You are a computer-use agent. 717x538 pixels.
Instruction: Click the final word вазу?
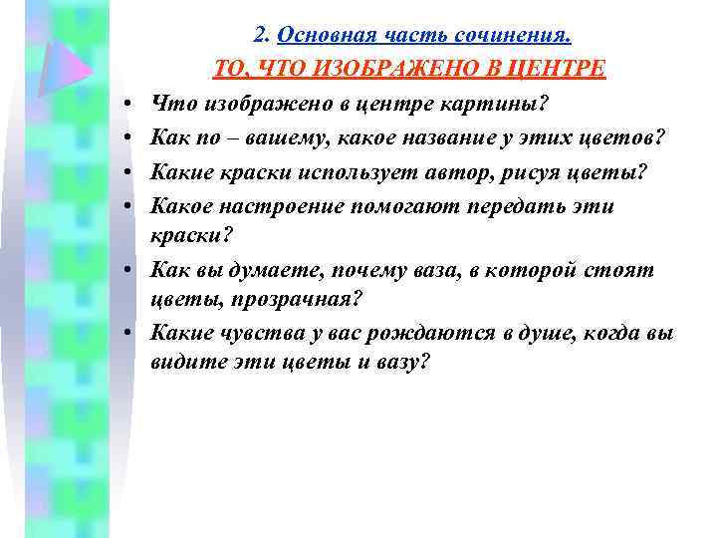point(400,364)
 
